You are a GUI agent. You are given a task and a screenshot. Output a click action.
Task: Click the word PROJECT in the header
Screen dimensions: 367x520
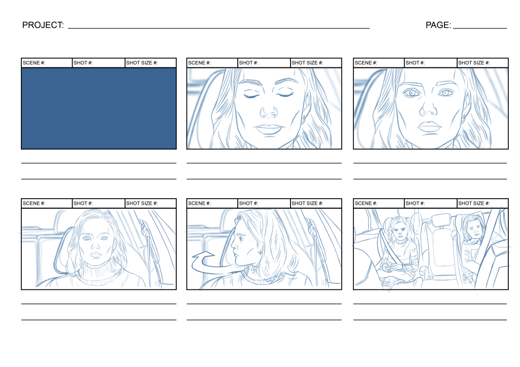coord(43,25)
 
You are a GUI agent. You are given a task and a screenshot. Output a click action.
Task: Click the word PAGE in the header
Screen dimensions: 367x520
coord(438,25)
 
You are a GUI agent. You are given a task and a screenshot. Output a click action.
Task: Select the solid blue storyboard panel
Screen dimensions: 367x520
coord(99,108)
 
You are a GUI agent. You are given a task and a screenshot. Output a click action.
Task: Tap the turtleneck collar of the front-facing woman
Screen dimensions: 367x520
coord(100,274)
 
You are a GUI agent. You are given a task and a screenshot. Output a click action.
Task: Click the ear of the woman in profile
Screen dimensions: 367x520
coord(261,251)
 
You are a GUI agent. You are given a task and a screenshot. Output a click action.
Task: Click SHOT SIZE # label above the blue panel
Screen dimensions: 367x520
coord(142,63)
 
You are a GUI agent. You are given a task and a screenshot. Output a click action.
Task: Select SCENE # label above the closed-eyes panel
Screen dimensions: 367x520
coord(200,63)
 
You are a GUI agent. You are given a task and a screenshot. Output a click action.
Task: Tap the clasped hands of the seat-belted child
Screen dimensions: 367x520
coord(391,266)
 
